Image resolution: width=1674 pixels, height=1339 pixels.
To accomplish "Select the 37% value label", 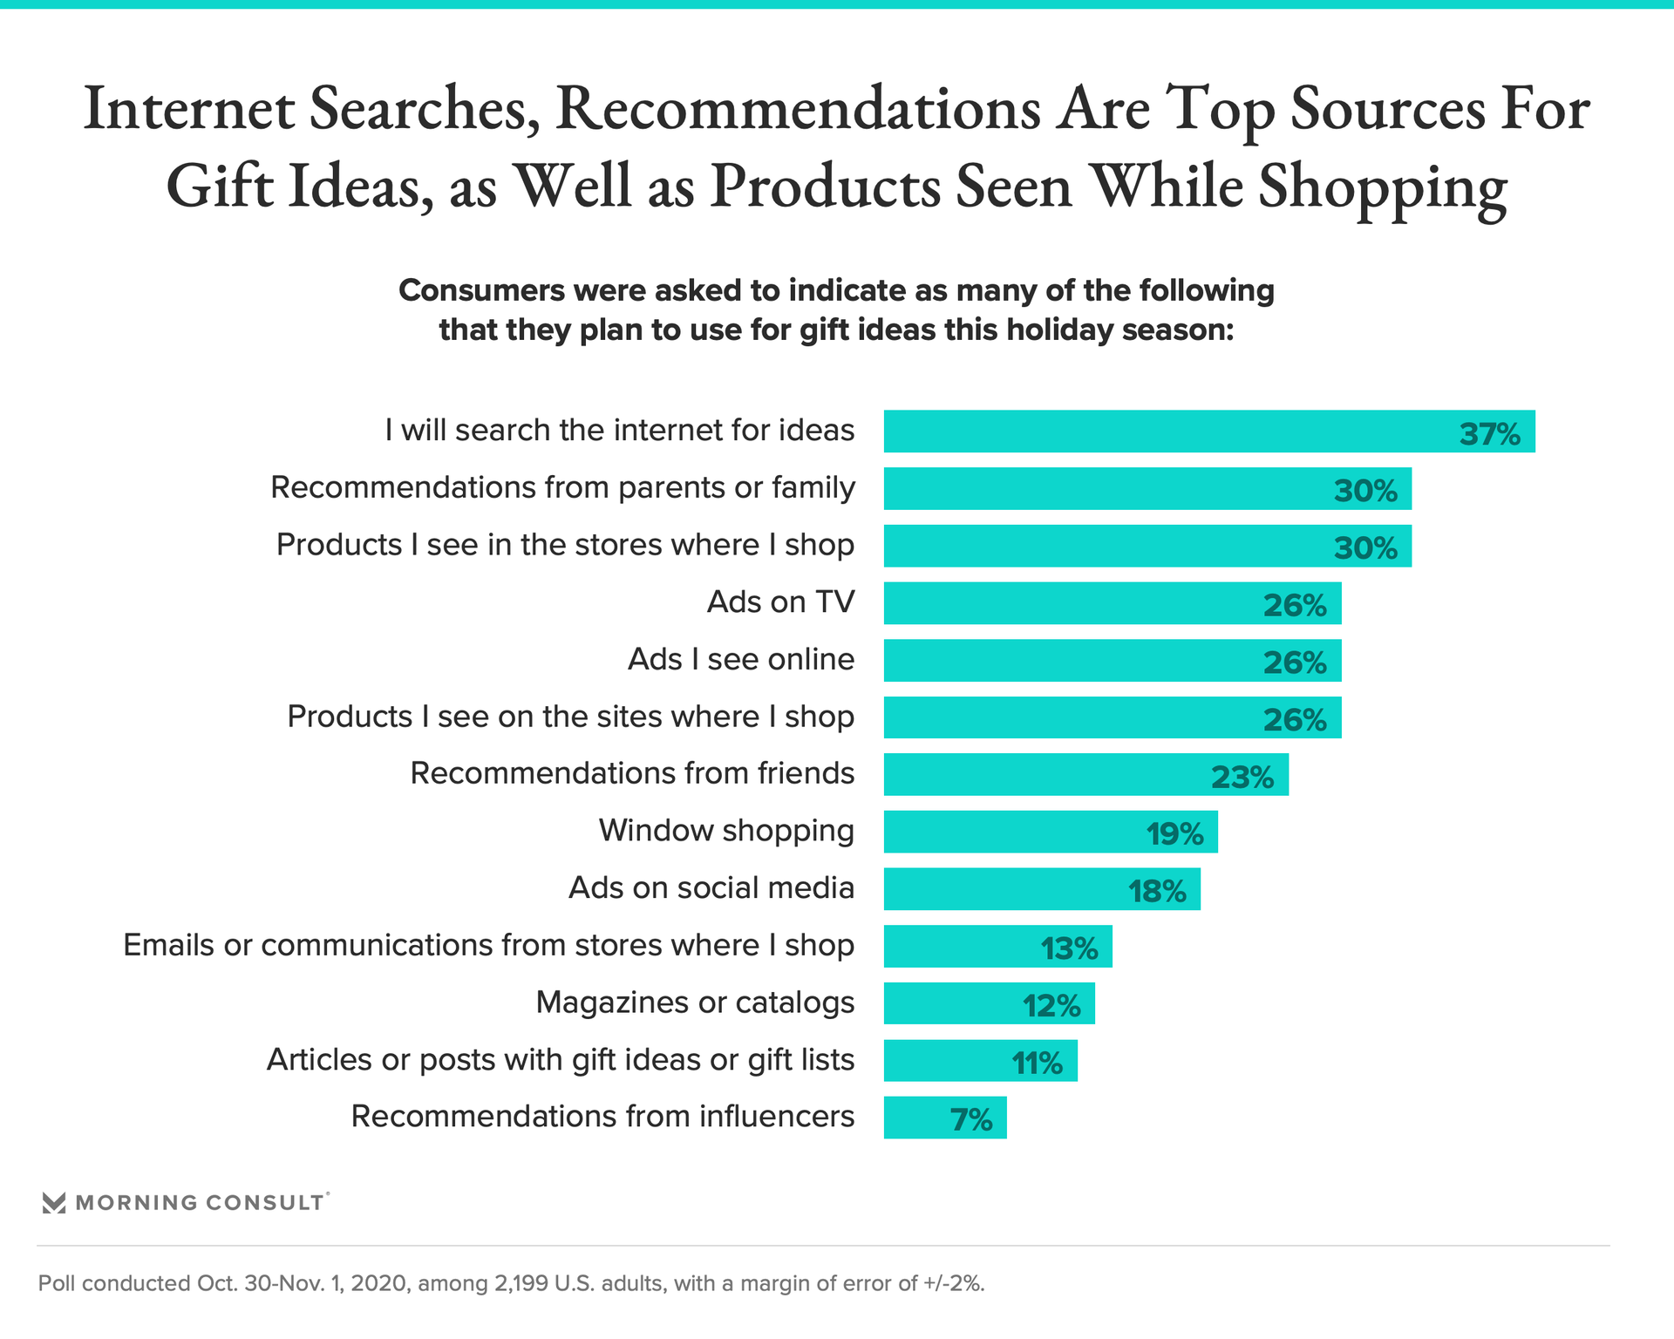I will click(1489, 434).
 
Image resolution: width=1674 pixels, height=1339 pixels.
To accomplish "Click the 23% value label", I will click(1242, 777).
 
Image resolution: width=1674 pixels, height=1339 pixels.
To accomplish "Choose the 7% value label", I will click(971, 1120).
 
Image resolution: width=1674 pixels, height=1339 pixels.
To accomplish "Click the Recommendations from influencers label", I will click(602, 1117).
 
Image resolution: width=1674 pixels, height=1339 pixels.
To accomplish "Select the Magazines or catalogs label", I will click(695, 1003).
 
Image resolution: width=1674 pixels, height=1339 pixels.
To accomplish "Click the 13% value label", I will click(1069, 948).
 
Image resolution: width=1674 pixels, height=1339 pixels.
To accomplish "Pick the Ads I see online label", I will click(741, 660).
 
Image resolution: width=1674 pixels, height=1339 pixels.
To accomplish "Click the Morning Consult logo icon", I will click(54, 1203).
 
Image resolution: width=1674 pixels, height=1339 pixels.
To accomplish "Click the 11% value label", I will click(1037, 1064).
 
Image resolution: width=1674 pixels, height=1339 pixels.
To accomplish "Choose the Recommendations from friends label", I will click(632, 774).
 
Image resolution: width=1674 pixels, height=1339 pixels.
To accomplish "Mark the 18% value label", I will click(1157, 892).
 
